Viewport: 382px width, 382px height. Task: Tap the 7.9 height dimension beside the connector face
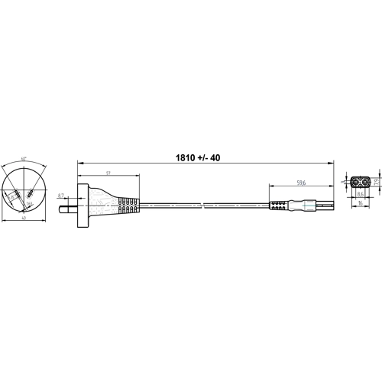377,182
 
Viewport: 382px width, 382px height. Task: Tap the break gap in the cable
205,205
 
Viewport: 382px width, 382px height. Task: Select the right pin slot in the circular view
29,195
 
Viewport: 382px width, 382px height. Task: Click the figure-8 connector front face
360,182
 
